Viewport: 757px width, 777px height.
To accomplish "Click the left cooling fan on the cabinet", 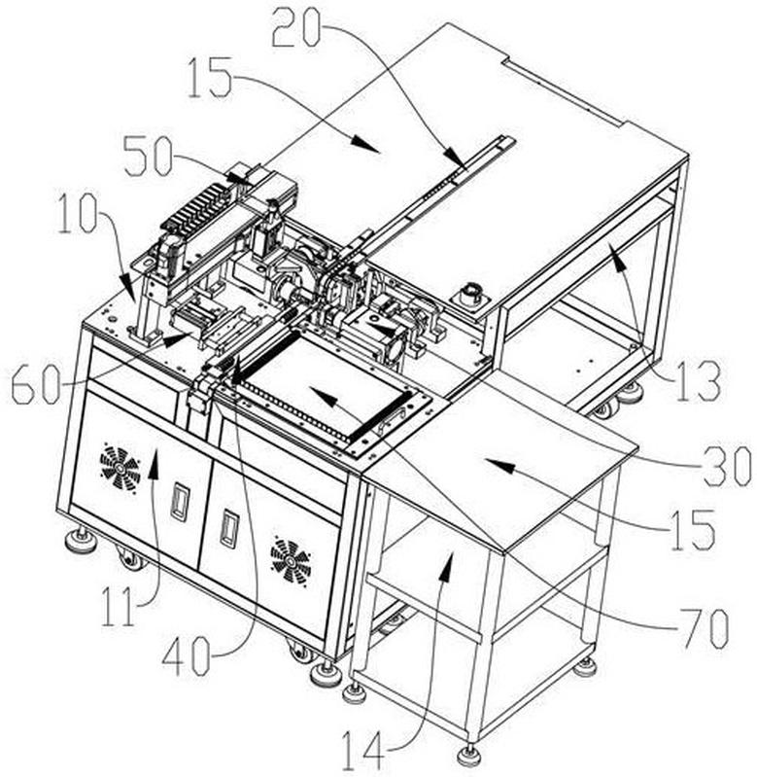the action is tap(120, 468).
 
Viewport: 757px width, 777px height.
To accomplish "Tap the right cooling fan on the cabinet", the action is tap(290, 561).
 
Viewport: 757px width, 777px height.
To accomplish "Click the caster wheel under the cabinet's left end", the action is tap(127, 559).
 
